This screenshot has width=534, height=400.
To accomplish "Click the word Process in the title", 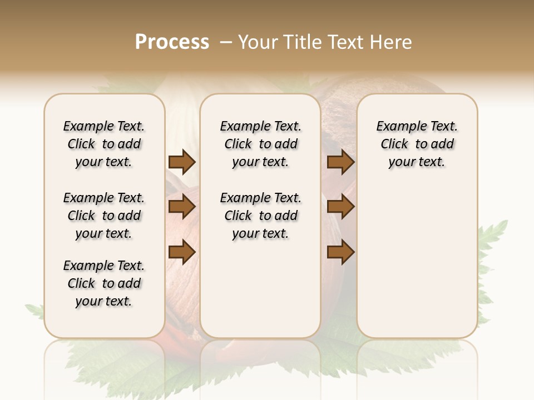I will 172,42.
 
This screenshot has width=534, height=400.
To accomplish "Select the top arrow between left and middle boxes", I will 182,162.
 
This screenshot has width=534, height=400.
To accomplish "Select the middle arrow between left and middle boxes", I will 182,207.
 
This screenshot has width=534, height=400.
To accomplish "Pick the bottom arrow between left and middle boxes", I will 182,252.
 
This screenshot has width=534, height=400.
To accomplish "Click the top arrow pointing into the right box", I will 340,162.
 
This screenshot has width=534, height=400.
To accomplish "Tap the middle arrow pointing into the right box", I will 340,207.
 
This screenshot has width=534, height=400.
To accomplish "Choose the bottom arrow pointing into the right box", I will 340,252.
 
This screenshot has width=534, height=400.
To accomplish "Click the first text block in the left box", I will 104,144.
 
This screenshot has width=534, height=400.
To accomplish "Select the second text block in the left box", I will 104,216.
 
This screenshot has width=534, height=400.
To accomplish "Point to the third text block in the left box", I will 104,283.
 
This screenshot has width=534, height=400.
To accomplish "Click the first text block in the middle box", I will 260,144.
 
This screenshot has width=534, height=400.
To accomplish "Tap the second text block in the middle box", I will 260,216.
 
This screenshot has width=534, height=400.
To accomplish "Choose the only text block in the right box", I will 417,144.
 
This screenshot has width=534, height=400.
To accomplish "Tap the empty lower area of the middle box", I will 260,289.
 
